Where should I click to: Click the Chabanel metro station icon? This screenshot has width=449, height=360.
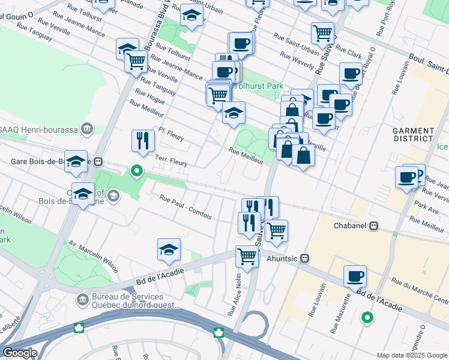tap(373, 226)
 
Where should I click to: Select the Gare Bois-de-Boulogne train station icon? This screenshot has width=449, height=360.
tap(98, 162)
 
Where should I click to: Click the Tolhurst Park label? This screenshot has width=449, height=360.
tap(258, 86)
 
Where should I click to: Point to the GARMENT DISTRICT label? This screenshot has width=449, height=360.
tap(412, 134)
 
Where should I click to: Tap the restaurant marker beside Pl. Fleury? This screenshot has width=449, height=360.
tap(143, 142)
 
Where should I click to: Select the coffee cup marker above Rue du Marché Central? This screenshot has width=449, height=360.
tap(355, 276)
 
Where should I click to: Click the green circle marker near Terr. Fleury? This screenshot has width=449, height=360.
tap(137, 171)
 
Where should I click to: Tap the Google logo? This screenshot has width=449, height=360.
tap(20, 353)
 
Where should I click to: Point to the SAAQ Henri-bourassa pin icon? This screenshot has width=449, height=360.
tap(88, 128)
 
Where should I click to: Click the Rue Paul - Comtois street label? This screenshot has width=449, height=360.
tap(186, 206)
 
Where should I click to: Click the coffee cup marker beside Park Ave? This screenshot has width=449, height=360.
tap(406, 178)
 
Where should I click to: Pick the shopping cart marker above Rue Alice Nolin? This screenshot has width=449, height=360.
tap(247, 256)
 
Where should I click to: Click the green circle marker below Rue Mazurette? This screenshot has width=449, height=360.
tap(366, 317)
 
